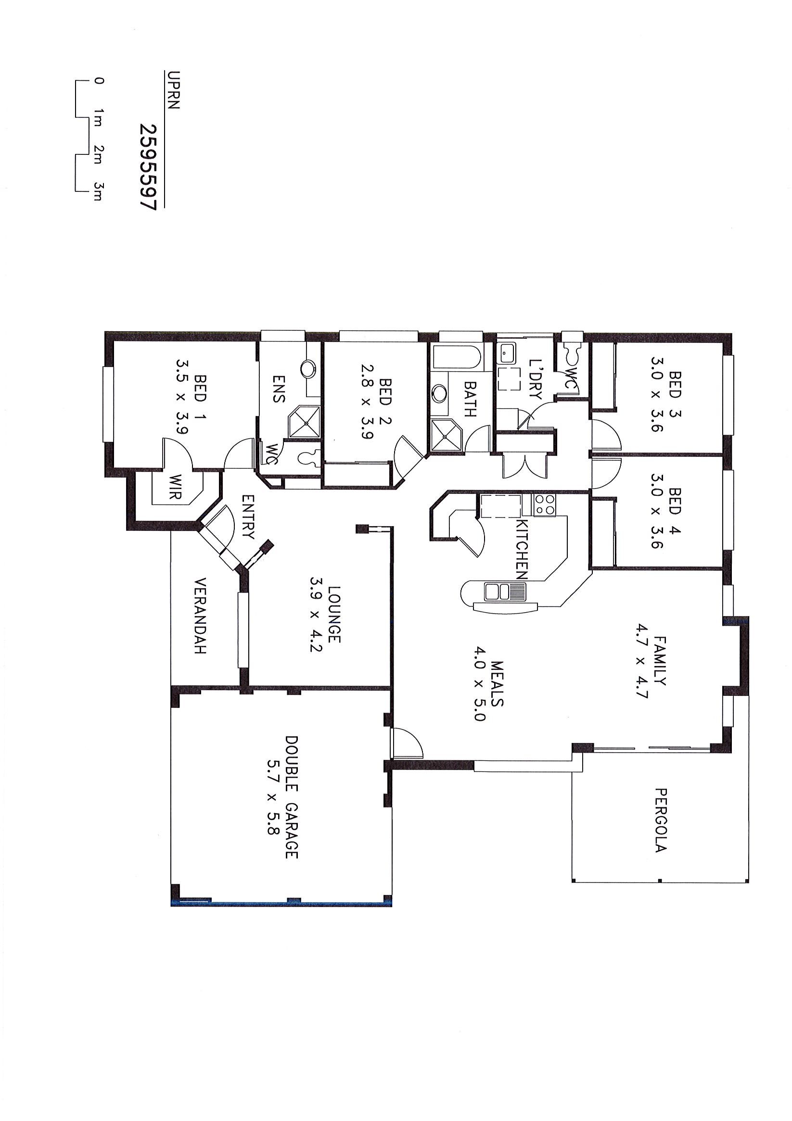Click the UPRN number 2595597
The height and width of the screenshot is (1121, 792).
click(147, 166)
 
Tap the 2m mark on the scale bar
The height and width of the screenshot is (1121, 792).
click(98, 153)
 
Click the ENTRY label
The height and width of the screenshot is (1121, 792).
click(248, 516)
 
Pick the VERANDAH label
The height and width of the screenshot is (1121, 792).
click(201, 616)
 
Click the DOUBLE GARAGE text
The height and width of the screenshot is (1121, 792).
click(292, 818)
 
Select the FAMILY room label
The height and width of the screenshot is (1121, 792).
click(660, 660)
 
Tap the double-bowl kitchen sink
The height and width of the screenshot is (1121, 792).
click(505, 592)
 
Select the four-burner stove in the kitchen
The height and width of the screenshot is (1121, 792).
click(545, 505)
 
